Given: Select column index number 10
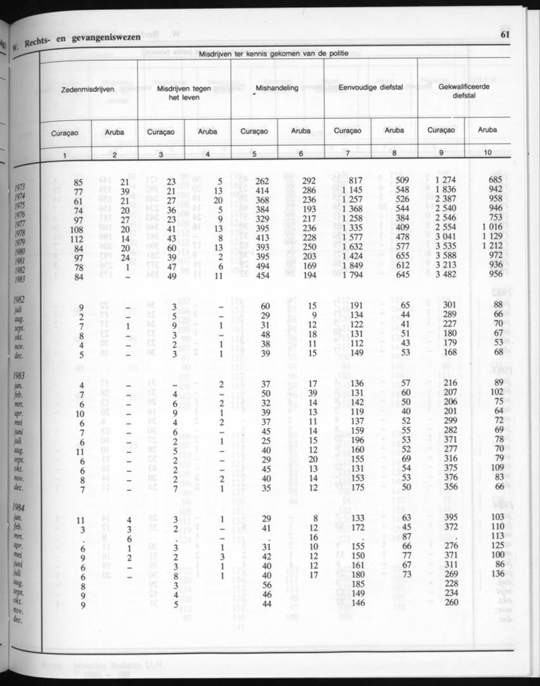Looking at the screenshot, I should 488,153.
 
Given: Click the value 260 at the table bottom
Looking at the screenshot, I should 450,603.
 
